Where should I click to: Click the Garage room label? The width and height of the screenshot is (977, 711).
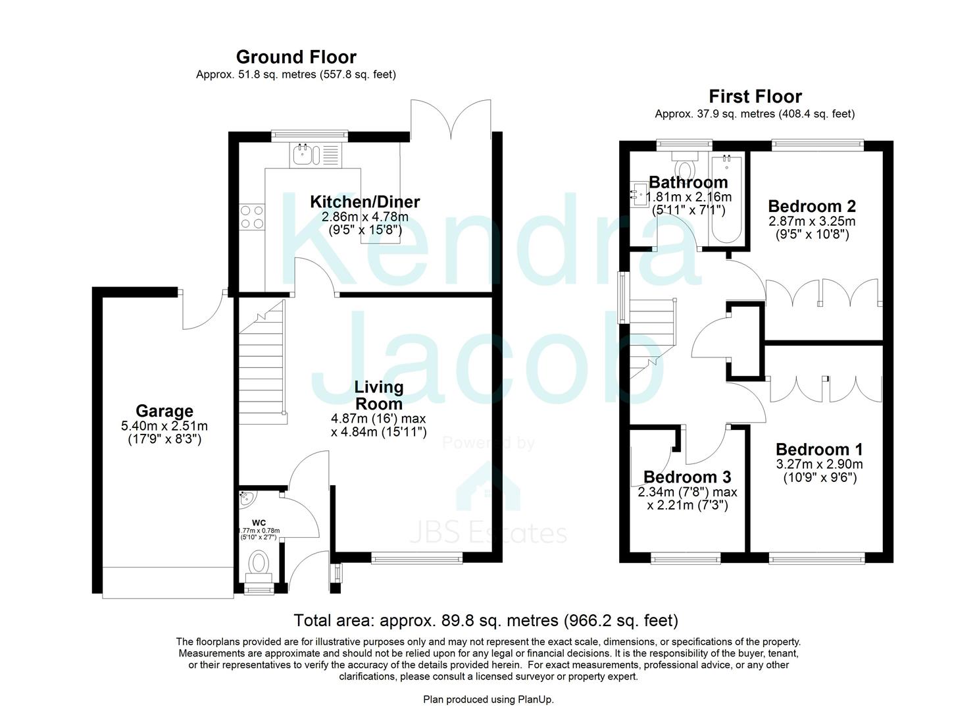click(x=164, y=411)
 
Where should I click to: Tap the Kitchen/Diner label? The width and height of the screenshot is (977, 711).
click(x=364, y=201)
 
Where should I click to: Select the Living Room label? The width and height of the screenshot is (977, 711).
click(x=378, y=395)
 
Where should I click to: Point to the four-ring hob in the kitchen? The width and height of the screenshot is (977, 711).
click(x=253, y=217)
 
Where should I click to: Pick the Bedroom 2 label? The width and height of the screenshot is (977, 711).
click(x=812, y=206)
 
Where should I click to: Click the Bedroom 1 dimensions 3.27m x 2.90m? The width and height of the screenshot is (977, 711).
click(x=819, y=464)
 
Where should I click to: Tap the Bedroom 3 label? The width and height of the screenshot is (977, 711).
click(x=687, y=477)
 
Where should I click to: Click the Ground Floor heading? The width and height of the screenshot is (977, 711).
click(x=296, y=57)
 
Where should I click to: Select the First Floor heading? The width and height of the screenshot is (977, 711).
click(x=755, y=97)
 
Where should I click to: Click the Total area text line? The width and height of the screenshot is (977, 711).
click(x=486, y=620)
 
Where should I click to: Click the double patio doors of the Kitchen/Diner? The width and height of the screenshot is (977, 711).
click(x=451, y=118)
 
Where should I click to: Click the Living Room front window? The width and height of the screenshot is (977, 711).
click(x=416, y=560)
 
